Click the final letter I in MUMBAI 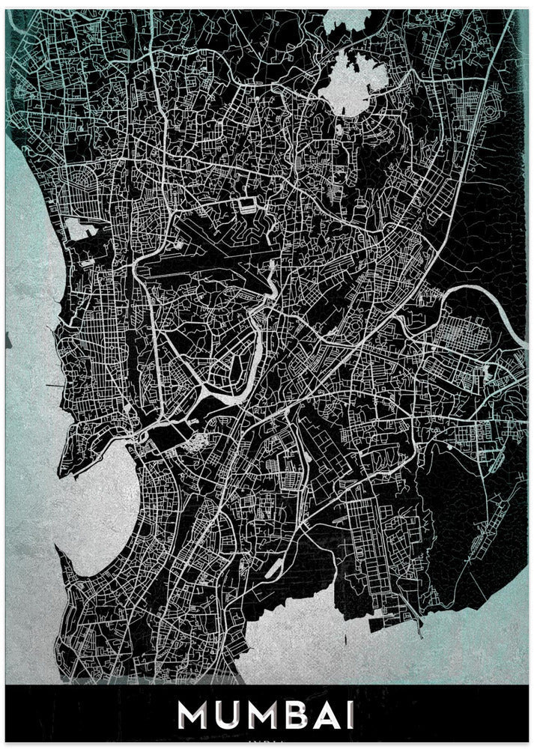[351, 716]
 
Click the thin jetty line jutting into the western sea [52, 386]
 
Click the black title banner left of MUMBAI [90, 716]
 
